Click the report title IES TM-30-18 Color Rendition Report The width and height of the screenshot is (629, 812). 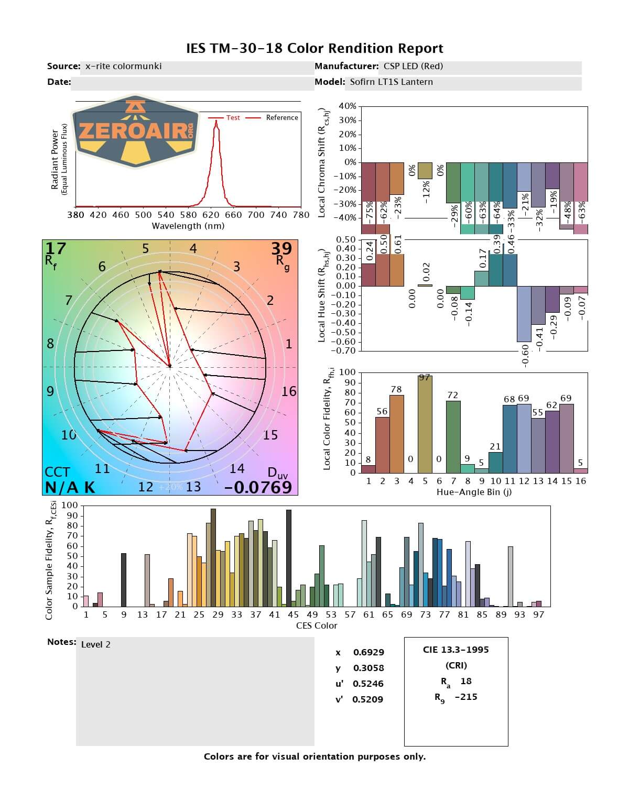(x=314, y=49)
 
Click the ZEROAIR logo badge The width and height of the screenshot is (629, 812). (x=136, y=131)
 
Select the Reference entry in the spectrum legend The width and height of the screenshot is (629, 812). (x=281, y=118)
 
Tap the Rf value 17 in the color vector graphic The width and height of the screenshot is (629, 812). (x=56, y=248)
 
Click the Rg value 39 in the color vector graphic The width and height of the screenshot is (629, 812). (x=281, y=248)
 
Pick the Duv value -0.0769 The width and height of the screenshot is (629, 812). (x=258, y=487)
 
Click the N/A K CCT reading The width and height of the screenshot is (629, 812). (x=70, y=487)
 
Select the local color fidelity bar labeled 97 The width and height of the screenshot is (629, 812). (x=425, y=424)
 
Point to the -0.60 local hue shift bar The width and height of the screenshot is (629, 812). (x=524, y=314)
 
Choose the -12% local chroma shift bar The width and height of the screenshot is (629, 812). (x=425, y=171)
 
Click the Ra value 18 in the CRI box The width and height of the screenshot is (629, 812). (x=466, y=681)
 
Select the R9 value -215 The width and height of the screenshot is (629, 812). (x=466, y=697)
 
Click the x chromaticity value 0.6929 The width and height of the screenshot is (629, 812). (x=368, y=652)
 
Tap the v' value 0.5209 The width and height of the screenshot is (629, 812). (x=367, y=699)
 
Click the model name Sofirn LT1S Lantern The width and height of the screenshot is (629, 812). (x=391, y=82)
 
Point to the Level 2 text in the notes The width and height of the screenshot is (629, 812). (x=96, y=644)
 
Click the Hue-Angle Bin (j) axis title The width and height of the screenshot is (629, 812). (x=474, y=492)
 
